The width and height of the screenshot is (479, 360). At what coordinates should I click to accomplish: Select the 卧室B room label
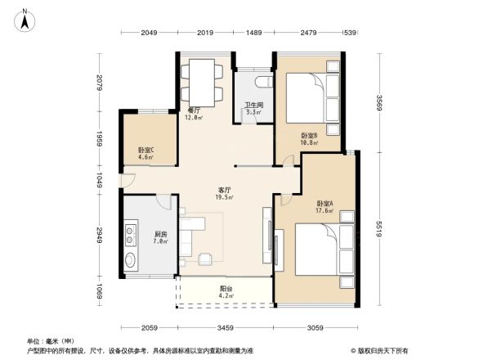309,138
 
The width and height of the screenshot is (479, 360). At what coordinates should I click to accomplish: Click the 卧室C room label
145,152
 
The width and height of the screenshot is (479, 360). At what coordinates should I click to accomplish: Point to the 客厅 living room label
224,193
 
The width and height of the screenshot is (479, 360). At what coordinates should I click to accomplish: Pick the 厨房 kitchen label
160,237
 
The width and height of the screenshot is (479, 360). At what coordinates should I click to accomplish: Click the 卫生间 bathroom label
253,106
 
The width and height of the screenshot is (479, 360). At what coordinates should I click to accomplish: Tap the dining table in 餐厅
199,78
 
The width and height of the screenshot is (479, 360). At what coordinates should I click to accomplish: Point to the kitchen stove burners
132,236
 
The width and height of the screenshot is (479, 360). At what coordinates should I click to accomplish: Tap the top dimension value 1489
253,32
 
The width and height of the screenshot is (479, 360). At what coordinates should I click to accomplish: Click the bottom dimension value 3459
226,328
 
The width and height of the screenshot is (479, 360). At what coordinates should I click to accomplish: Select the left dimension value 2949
100,233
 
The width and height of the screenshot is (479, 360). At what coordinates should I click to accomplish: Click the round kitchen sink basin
132,263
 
